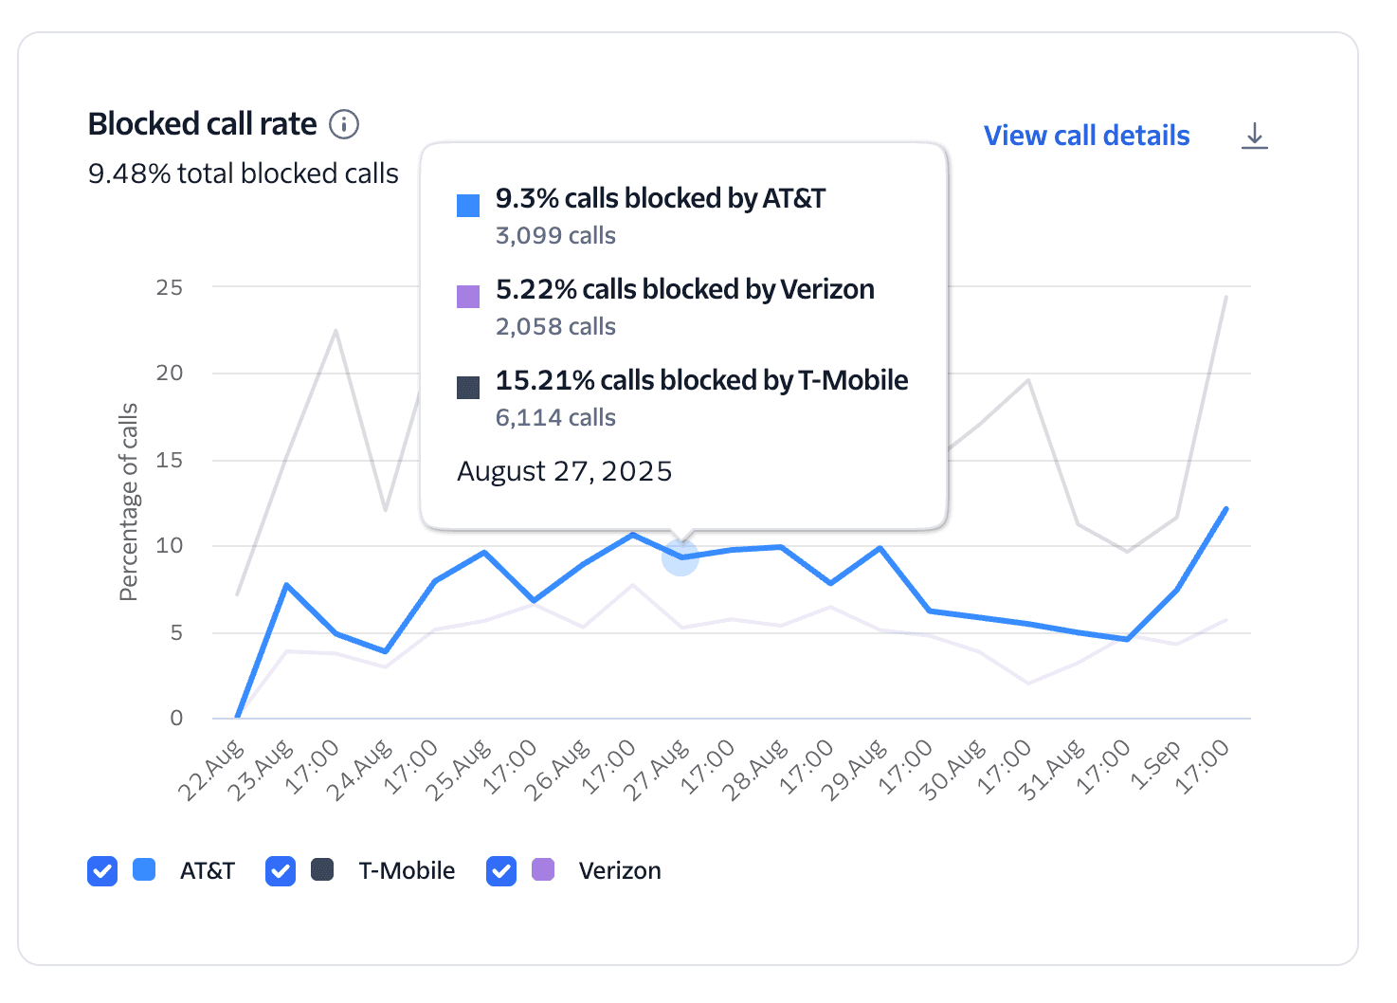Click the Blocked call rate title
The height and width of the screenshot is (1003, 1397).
(202, 124)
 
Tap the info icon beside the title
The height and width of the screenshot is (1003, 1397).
(344, 124)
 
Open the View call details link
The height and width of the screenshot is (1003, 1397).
(1086, 136)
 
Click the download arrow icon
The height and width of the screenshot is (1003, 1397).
(1254, 136)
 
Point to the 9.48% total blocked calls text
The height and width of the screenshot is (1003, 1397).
(243, 173)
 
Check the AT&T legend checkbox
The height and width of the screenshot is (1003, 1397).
(102, 870)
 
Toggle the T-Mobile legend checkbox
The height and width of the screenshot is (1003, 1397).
(281, 870)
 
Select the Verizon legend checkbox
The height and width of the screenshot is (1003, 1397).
(501, 870)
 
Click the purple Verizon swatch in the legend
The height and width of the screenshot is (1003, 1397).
(543, 869)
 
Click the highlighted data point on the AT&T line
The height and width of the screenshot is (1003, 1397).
(680, 557)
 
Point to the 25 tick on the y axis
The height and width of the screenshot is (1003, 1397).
(170, 287)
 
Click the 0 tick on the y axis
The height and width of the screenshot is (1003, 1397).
(176, 718)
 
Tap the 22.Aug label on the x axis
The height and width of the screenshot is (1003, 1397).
(210, 772)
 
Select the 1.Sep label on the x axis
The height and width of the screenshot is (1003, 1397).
(1155, 766)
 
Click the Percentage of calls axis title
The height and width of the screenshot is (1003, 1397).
(128, 502)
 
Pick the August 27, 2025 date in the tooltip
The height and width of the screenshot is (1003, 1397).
(564, 471)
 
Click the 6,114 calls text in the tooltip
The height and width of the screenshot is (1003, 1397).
(555, 417)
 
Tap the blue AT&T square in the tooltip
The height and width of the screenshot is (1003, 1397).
(468, 206)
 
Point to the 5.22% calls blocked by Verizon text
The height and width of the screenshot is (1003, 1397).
(684, 289)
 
